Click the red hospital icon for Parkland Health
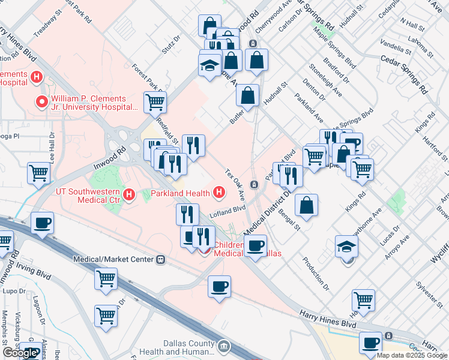(219, 193)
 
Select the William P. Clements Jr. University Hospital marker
(42, 102)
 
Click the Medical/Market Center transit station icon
(160, 260)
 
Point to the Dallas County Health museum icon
(224, 346)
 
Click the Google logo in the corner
(20, 352)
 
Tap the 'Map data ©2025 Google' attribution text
(412, 355)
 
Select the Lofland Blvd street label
(228, 209)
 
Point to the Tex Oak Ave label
(235, 184)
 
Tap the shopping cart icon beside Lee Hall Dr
(39, 173)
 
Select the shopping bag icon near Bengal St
(307, 205)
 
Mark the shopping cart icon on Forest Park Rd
(155, 102)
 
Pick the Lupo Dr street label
(11, 290)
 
